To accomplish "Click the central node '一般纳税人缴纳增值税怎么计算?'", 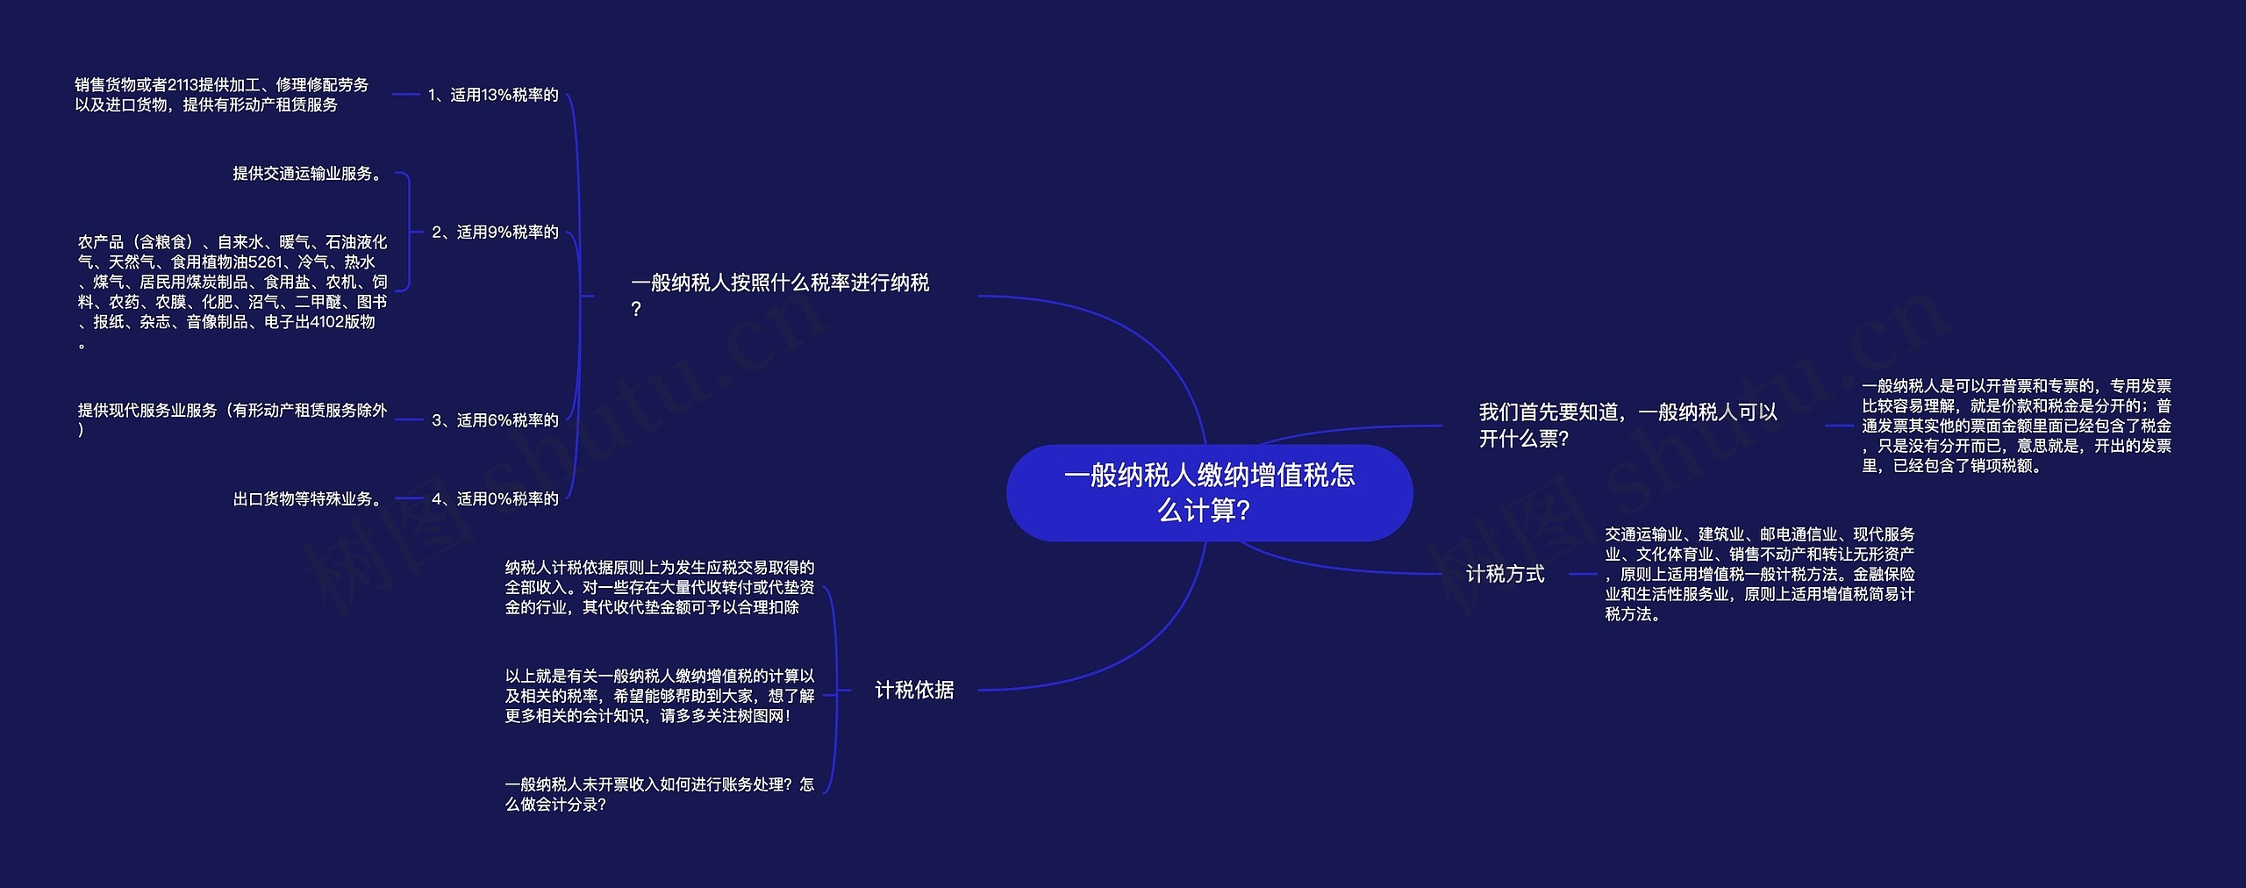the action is pyautogui.click(x=1209, y=492).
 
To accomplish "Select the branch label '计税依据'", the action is pyautogui.click(x=914, y=690).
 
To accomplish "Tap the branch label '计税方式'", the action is pyautogui.click(x=1505, y=574).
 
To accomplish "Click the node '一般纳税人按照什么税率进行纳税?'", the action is pyautogui.click(x=779, y=295).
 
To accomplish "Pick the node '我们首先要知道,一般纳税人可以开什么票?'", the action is pyautogui.click(x=1627, y=425).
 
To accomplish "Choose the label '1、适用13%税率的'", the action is pyautogui.click(x=493, y=95).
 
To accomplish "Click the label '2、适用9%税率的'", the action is pyautogui.click(x=495, y=232).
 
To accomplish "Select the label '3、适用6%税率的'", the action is pyautogui.click(x=495, y=420).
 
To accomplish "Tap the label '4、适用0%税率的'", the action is pyautogui.click(x=495, y=498).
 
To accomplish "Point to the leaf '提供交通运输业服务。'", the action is pyautogui.click(x=309, y=174).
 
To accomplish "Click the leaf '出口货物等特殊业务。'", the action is pyautogui.click(x=309, y=498).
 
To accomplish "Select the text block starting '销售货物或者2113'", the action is pyautogui.click(x=221, y=95).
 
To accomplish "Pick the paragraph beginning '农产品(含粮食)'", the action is pyautogui.click(x=232, y=291).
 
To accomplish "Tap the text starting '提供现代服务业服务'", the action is pyautogui.click(x=232, y=419).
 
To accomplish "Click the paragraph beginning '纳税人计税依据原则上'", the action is pyautogui.click(x=660, y=587).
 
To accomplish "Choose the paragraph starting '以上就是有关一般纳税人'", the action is pyautogui.click(x=660, y=696).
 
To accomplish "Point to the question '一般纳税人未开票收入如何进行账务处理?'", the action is pyautogui.click(x=660, y=794).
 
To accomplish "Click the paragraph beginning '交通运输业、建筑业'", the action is pyautogui.click(x=1760, y=574).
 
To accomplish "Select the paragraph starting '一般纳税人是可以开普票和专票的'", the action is pyautogui.click(x=2016, y=426).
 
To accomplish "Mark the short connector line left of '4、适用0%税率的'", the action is pyautogui.click(x=409, y=498).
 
